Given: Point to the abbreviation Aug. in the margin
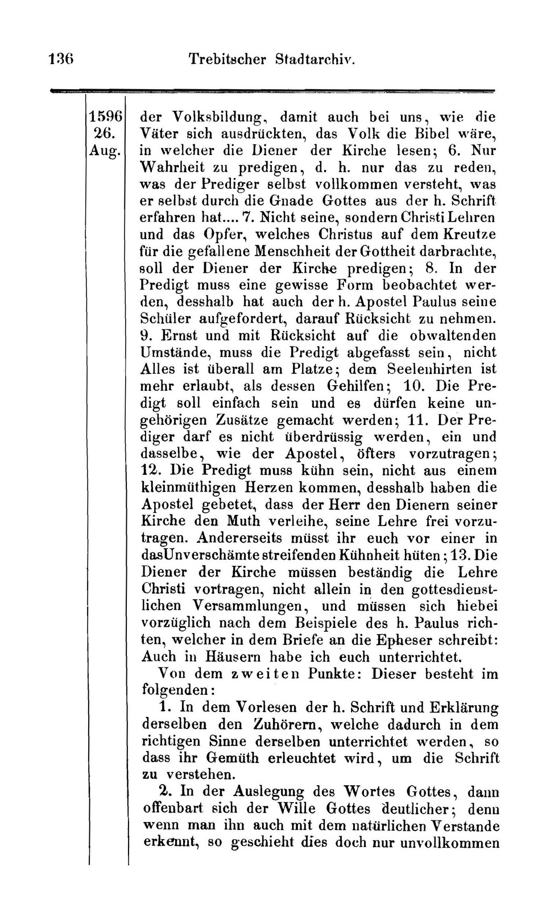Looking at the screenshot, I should [x=105, y=151].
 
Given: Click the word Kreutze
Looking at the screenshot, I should [x=469, y=234].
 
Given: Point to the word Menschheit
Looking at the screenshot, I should [x=296, y=251].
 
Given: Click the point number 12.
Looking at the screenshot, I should [x=151, y=470].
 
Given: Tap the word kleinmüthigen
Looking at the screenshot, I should [x=190, y=487].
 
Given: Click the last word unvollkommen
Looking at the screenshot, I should [x=450, y=843].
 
